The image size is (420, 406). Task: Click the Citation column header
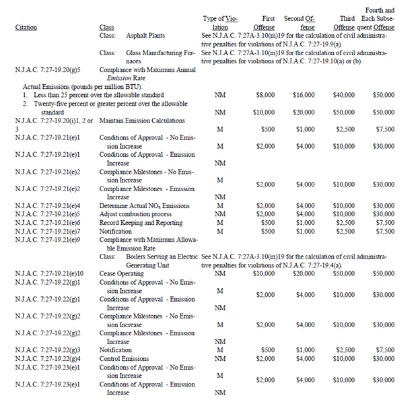[x=26, y=28]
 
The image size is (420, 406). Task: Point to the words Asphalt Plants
[x=145, y=35]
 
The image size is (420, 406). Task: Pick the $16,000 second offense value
[x=305, y=96]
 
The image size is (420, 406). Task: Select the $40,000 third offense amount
[x=343, y=96]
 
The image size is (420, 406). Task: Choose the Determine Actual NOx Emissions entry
[x=144, y=205]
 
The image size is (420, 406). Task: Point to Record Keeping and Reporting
[x=140, y=222]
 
